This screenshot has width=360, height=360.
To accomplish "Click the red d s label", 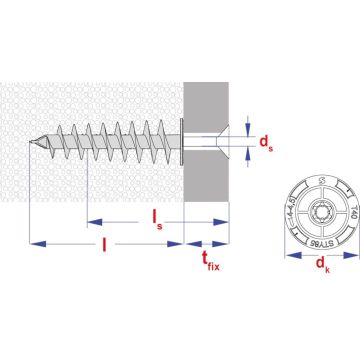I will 265,143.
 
